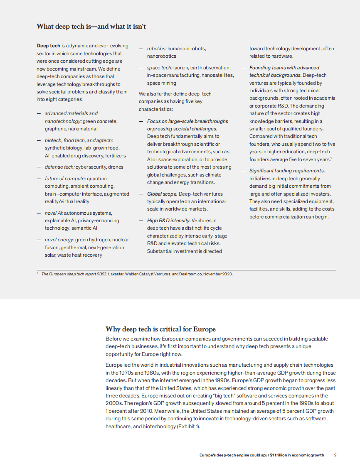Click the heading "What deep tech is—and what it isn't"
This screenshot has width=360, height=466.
(91, 27)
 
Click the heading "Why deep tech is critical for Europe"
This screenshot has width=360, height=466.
(160, 329)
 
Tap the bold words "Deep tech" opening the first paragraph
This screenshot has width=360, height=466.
(48, 46)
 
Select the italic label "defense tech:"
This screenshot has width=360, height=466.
(60, 167)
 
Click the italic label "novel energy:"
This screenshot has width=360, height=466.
(59, 240)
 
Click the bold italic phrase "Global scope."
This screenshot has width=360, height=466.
(162, 194)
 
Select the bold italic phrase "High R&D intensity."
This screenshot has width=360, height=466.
(169, 221)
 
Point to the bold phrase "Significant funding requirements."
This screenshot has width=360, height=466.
(287, 171)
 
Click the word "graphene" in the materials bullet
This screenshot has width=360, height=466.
(55, 129)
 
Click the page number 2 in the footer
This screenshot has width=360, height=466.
(335, 455)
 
